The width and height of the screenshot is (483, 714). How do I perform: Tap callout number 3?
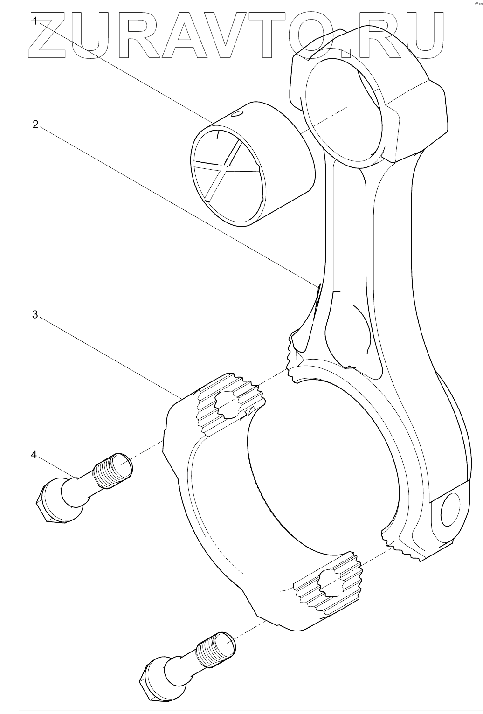pos(35,314)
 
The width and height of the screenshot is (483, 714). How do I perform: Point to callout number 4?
pos(34,455)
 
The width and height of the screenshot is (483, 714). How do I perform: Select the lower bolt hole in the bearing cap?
pos(331,581)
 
